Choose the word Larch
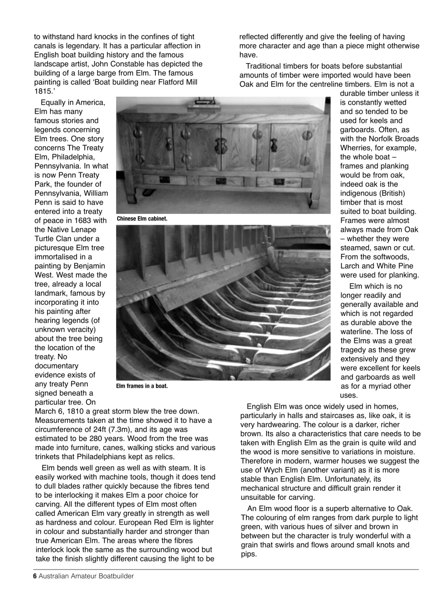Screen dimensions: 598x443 pyautogui.click(x=351, y=266)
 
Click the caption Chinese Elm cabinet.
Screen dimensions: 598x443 pyautogui.click(x=142, y=219)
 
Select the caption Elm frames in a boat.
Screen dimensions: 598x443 pyautogui.click(x=142, y=386)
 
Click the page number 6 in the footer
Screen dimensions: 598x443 pyautogui.click(x=35, y=576)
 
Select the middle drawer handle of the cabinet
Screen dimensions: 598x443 pyautogui.click(x=221, y=181)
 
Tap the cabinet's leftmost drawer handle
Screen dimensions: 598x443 pyautogui.click(x=164, y=179)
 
